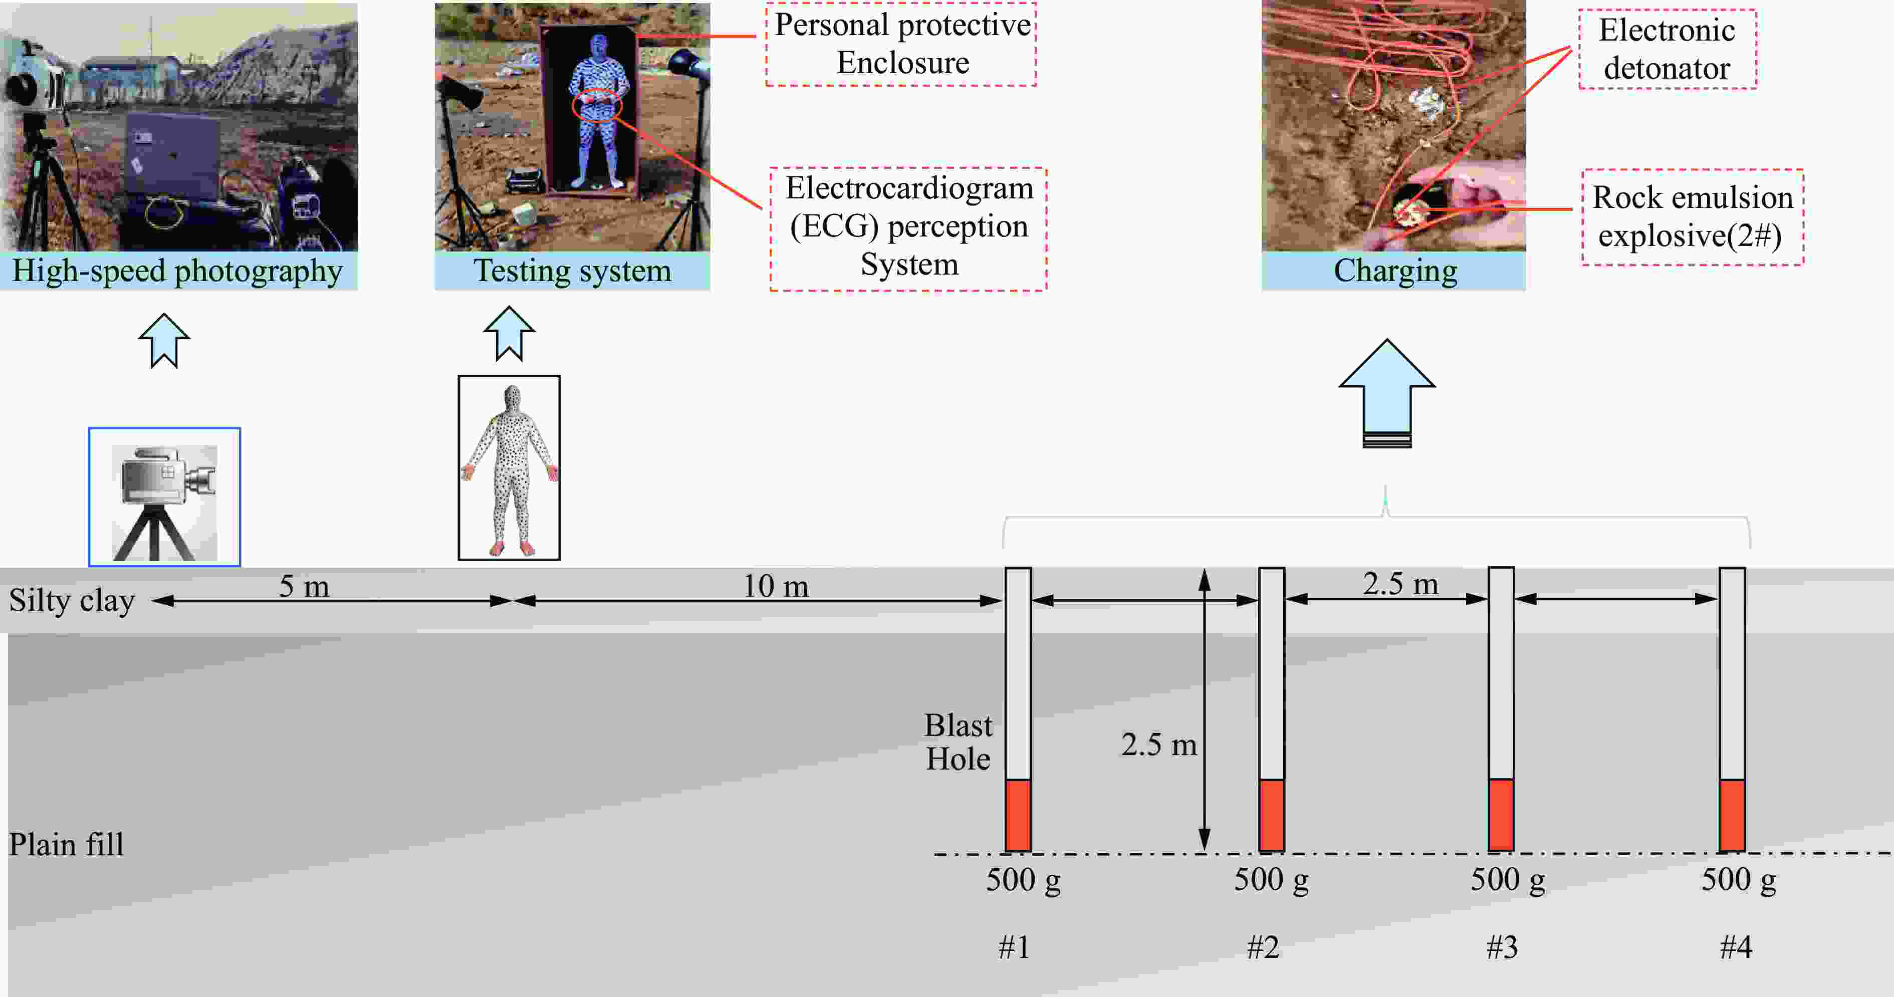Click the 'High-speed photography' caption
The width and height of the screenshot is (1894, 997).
177,271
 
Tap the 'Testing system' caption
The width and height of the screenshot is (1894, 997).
572,271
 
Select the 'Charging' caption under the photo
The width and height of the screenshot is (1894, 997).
1395,271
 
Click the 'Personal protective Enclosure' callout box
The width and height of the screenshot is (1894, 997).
901,44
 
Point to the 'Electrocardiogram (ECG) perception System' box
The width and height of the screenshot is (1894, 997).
909,228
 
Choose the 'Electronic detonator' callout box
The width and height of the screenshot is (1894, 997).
1667,49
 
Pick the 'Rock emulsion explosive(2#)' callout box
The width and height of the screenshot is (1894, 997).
1693,217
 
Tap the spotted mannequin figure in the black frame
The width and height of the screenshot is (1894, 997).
509,468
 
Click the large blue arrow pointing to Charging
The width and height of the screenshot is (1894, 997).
1387,393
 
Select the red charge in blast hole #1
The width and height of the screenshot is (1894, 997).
1018,816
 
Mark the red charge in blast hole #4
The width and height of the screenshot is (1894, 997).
1732,816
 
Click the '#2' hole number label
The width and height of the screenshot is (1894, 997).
1263,947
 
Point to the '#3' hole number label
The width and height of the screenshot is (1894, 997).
1501,947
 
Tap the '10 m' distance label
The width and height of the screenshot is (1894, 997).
775,587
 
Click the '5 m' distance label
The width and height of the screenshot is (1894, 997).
304,587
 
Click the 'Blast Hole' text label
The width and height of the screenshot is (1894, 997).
958,742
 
